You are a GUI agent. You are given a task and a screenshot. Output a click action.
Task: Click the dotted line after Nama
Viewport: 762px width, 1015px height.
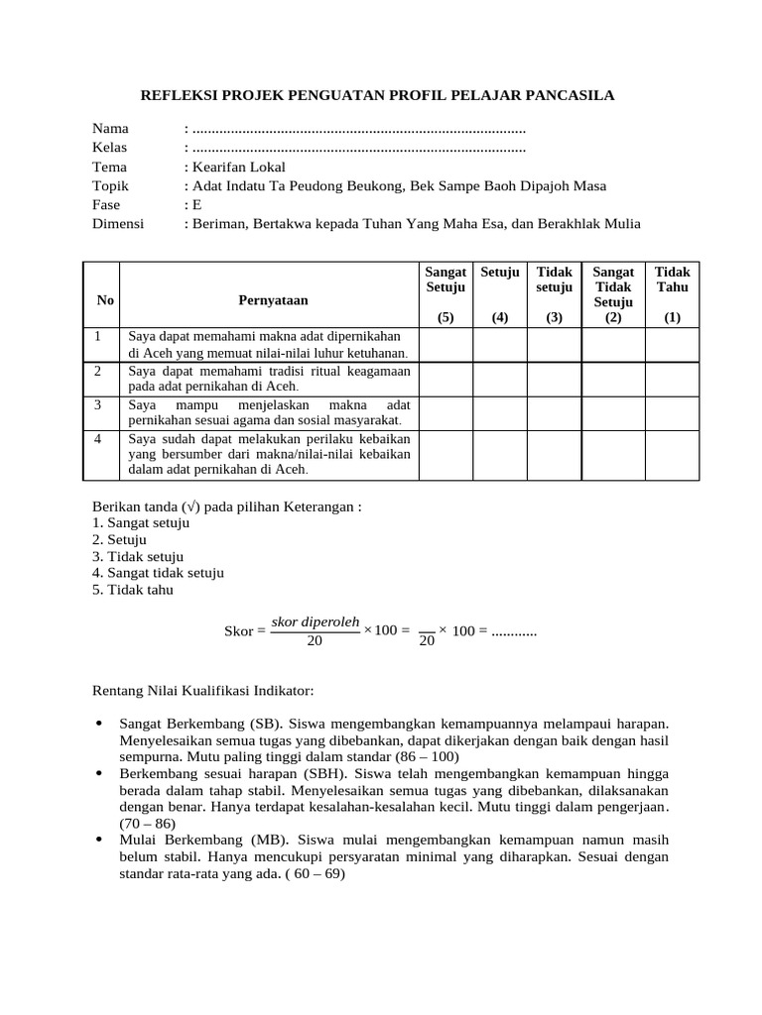coord(358,130)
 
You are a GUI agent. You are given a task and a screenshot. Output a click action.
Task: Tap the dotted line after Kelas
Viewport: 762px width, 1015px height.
coord(358,149)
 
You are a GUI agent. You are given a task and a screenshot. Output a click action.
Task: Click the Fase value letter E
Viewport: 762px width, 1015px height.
coord(196,205)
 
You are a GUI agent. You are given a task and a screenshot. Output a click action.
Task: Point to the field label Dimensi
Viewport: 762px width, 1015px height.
coord(118,224)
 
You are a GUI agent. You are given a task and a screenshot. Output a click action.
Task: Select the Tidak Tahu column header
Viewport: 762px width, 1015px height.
coord(673,279)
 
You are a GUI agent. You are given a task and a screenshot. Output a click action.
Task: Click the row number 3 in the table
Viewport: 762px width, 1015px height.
coord(99,405)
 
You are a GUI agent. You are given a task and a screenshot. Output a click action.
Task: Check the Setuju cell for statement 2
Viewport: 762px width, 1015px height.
coord(500,379)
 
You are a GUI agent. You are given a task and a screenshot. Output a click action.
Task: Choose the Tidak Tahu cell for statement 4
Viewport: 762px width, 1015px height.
coord(673,455)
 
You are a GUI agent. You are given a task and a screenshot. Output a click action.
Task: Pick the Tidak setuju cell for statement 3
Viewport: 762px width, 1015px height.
coord(554,412)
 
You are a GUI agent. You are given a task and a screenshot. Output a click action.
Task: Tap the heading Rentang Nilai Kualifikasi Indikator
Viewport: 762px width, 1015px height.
coord(202,689)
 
